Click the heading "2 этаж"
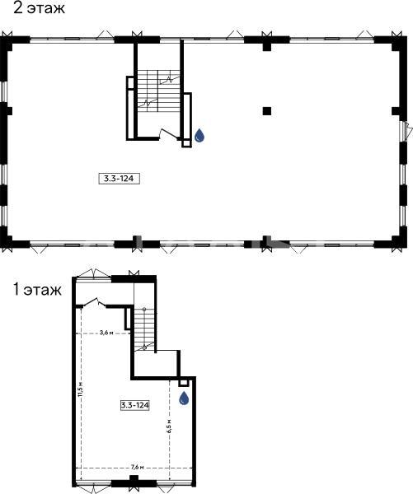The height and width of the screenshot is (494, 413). (x=39, y=7)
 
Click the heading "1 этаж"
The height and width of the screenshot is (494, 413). (x=37, y=290)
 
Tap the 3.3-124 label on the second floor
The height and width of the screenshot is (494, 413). (x=119, y=179)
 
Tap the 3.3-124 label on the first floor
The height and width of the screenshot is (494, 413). (x=135, y=405)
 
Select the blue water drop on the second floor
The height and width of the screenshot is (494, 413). (x=199, y=136)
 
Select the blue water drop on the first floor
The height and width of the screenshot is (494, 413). (x=184, y=398)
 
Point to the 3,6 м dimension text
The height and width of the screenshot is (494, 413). (x=106, y=333)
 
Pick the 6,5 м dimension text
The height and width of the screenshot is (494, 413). (x=169, y=426)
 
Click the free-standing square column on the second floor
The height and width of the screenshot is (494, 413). (x=267, y=111)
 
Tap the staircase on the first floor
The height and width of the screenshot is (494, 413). (x=144, y=329)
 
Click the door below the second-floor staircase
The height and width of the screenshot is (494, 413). (x=169, y=133)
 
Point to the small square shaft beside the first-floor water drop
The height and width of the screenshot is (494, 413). (x=183, y=383)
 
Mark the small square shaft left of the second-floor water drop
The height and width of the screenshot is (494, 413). (x=186, y=143)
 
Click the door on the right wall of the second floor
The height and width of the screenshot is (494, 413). (x=406, y=130)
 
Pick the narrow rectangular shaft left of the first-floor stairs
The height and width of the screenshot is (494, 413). (x=128, y=319)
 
